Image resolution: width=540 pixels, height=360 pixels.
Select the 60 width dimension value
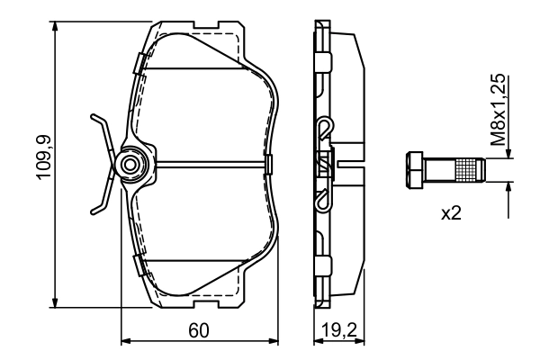199,330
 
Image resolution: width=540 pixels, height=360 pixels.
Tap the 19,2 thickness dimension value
333,330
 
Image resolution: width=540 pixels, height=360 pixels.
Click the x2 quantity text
451,214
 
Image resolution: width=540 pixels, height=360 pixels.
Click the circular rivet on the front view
131,164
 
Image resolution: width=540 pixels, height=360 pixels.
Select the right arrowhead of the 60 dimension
275,341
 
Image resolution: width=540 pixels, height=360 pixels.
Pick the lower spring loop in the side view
324,201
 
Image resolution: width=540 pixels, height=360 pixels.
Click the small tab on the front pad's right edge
270,164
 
